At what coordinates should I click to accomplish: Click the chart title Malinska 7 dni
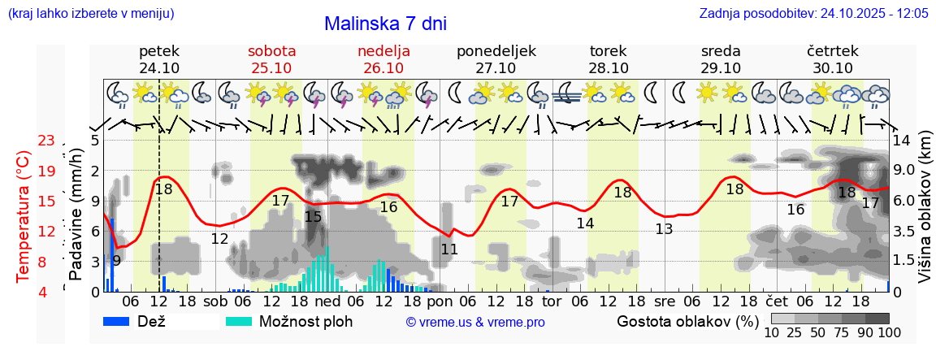click(x=385, y=24)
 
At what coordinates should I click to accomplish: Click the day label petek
click(x=159, y=51)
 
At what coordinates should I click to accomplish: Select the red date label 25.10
click(x=271, y=68)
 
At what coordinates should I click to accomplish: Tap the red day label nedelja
click(x=383, y=51)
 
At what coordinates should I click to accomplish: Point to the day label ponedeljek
click(x=496, y=51)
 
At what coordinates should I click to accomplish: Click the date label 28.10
click(x=609, y=68)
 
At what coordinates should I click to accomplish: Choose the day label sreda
click(x=721, y=51)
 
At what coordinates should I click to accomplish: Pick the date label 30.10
click(x=833, y=68)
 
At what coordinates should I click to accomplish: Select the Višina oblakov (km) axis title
click(x=925, y=215)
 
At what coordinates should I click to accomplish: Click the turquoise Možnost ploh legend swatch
click(x=240, y=321)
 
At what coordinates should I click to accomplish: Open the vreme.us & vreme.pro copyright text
click(x=475, y=322)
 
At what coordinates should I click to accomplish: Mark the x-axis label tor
click(x=552, y=301)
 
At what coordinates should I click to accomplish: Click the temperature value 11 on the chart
click(x=449, y=249)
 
